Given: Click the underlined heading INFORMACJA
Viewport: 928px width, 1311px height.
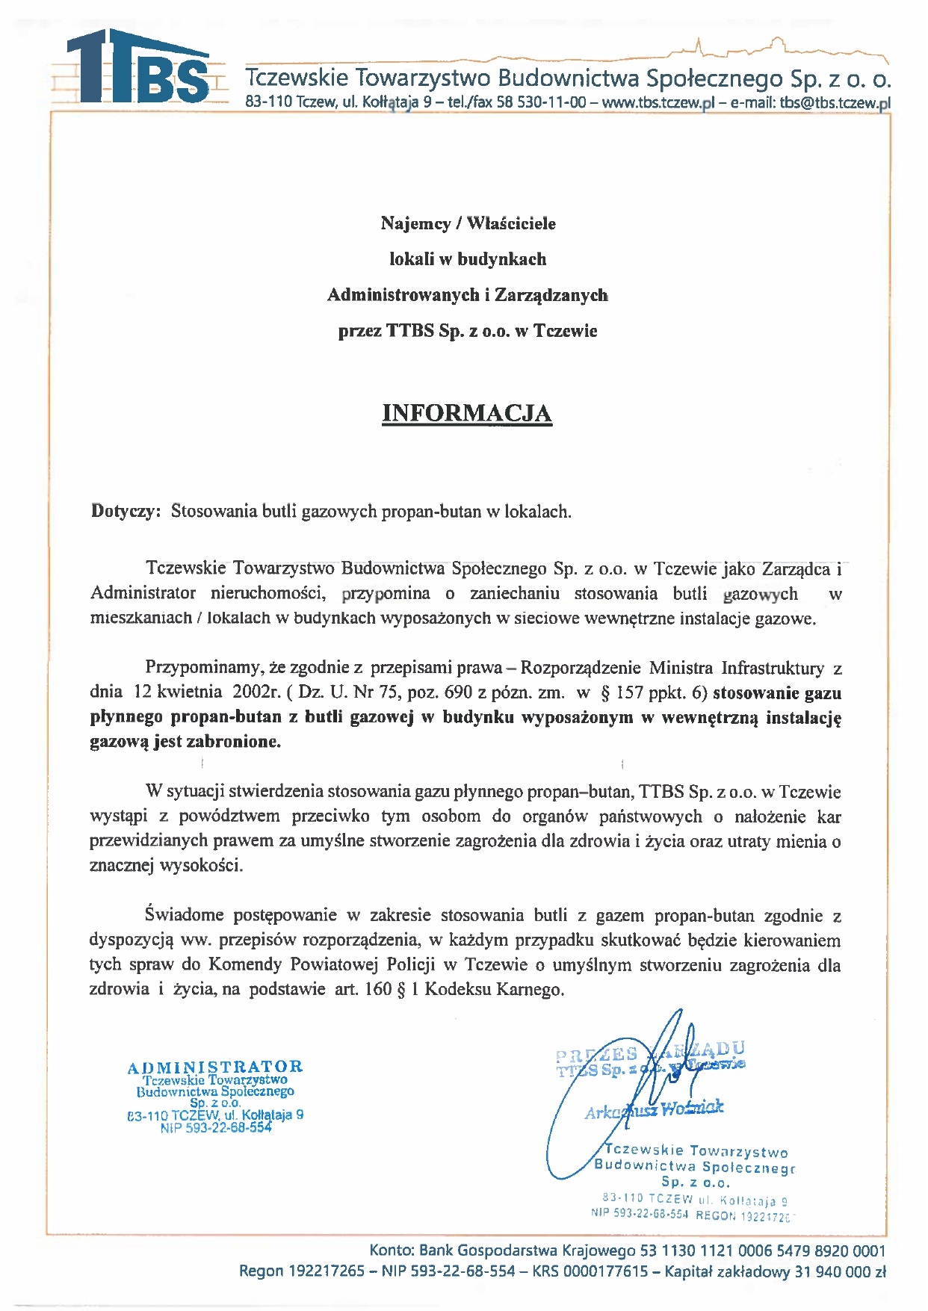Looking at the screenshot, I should click(467, 413).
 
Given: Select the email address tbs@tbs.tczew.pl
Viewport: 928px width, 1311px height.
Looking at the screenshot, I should click(835, 103).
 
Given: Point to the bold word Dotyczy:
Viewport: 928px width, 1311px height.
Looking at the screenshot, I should click(126, 512).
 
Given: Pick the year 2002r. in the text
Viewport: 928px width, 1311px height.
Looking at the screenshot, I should click(256, 692).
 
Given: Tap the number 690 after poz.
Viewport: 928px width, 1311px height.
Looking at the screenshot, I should click(458, 692).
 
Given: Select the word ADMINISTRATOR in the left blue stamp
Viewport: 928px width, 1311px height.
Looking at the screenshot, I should click(215, 1067).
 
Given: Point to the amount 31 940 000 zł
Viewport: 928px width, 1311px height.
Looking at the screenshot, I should click(840, 1271).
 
